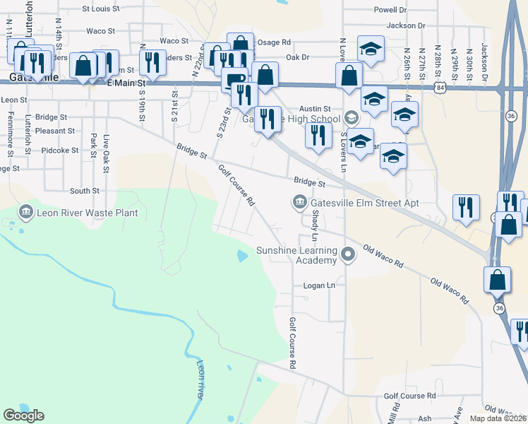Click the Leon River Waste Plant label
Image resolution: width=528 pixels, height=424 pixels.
click(x=87, y=212)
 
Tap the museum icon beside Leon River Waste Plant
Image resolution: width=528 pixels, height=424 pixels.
click(x=26, y=211)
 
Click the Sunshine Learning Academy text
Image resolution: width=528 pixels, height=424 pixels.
click(x=296, y=255)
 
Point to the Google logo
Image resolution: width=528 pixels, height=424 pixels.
click(x=23, y=415)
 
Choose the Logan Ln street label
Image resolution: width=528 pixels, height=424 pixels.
click(x=318, y=285)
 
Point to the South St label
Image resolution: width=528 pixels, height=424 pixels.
click(x=85, y=191)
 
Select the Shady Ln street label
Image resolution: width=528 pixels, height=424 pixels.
click(x=316, y=225)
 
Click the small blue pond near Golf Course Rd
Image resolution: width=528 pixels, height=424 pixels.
click(x=243, y=256)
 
